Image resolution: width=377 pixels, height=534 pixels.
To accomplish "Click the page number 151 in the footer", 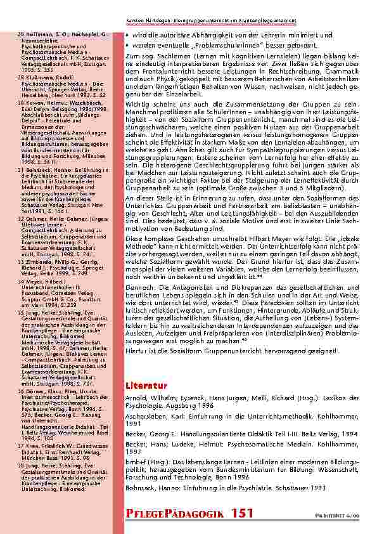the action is (243, 512).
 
